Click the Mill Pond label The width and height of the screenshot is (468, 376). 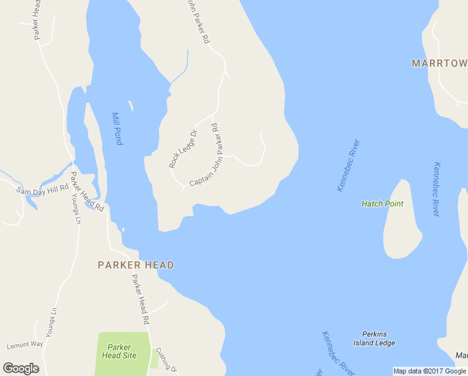pos(117,128)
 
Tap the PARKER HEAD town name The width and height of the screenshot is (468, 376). pos(136,265)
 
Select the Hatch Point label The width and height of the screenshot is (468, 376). pos(382,204)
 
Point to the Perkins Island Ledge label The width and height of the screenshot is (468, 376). pos(379,338)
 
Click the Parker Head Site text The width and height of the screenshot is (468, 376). pos(119,351)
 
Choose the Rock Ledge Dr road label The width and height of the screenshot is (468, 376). pos(183,149)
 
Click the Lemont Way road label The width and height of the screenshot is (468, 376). pos(25,345)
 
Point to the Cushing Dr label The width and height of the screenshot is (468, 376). pos(166,359)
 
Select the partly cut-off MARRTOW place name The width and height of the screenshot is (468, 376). pos(439,63)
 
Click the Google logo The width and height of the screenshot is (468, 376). pos(21,368)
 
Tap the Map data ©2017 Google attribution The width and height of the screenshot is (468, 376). pos(429,371)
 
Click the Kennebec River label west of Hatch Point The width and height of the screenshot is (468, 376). pos(348,165)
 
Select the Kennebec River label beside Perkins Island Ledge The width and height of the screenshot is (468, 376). pos(338,353)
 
